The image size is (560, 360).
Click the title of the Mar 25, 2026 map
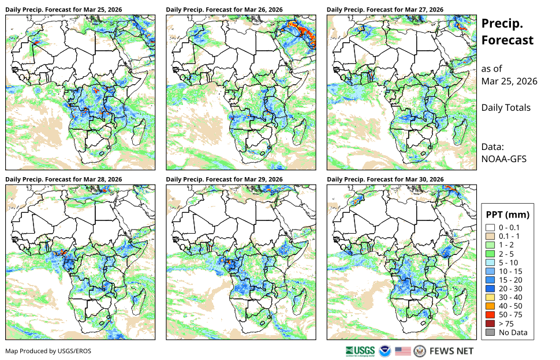pos(64,10)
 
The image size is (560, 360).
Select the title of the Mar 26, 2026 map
pos(224,10)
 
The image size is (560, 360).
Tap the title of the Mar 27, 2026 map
pos(385,10)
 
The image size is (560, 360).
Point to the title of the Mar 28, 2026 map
pos(64,179)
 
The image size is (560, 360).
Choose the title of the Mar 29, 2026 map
pos(224,179)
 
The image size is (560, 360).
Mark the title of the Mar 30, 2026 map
pos(385,179)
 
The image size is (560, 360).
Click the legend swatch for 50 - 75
pos(490,314)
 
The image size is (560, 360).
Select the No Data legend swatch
pos(490,332)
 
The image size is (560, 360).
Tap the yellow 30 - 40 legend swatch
pos(490,297)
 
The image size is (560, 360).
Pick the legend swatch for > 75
pos(490,324)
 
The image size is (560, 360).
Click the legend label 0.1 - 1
pos(509,236)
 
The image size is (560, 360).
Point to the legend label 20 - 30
pos(510,288)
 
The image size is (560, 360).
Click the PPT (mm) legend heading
pos(507,215)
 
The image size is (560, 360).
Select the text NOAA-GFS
pos(503,159)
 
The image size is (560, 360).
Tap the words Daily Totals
pos(506,108)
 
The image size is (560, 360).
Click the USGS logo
pos(360,351)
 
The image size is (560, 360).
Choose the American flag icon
pos(402,351)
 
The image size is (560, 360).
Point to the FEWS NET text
pos(451,351)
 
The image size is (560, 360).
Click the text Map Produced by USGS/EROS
pos(48,351)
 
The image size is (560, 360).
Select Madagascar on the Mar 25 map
pos(139,132)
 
